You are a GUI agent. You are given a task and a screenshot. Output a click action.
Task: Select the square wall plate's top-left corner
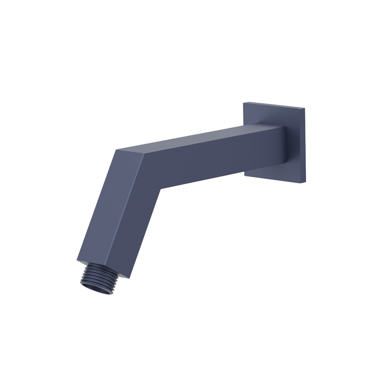244,102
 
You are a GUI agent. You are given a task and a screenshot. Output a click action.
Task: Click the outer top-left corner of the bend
117,150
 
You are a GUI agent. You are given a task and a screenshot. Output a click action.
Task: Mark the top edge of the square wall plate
274,105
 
